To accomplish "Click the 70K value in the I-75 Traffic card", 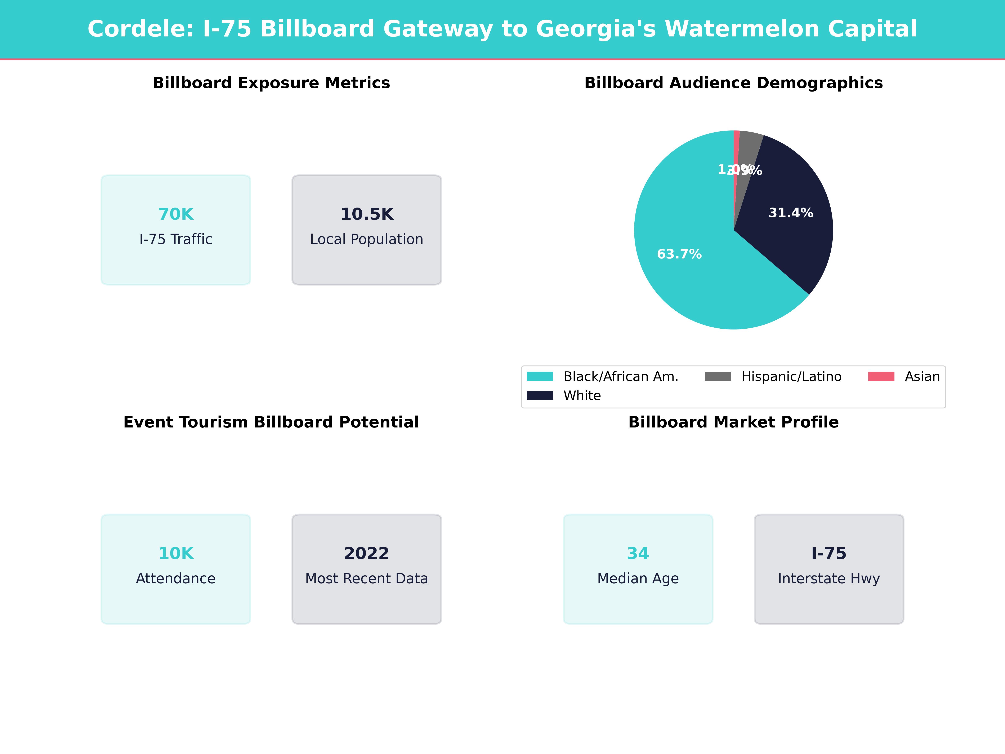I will pos(176,214).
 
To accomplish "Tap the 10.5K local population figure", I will pos(367,214).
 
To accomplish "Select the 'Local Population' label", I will pos(367,239).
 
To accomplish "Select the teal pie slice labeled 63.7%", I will pos(695,282).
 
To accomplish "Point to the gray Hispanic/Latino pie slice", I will pos(749,150).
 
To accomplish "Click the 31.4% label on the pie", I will pos(791,213).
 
